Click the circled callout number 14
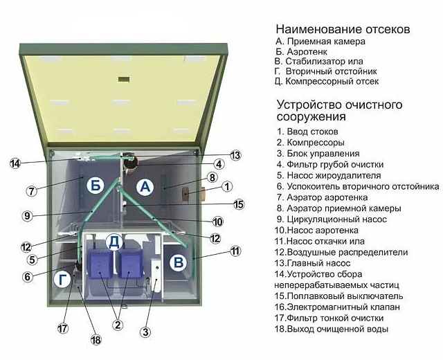[x=15, y=163]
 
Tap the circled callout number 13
[x=236, y=155]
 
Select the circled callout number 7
[x=31, y=190]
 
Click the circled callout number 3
[x=145, y=332]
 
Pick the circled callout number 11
[x=235, y=251]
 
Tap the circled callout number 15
[x=239, y=204]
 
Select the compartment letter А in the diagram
[x=144, y=186]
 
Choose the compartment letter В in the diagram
[x=178, y=262]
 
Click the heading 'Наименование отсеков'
[x=343, y=30]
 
